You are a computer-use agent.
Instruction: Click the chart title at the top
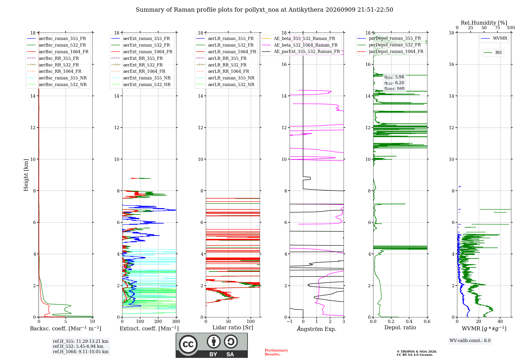pos(264,10)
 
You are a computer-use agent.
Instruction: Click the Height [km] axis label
pos(26,175)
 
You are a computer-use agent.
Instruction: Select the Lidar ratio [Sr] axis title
pos(233,327)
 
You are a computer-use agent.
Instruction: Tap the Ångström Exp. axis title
pos(317,329)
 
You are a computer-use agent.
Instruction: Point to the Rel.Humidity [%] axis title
pos(484,23)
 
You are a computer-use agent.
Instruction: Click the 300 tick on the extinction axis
pos(176,322)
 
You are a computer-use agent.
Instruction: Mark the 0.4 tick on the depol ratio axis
pos(409,322)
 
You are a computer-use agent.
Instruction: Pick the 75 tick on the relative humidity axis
pos(498,28)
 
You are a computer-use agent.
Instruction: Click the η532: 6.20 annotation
pos(394,83)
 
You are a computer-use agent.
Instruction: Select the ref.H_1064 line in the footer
pos(81,352)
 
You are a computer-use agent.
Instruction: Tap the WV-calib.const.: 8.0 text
pos(470,341)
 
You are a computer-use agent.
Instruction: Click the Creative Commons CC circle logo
pos(188,344)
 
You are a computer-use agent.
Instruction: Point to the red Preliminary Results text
pos(276,352)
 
